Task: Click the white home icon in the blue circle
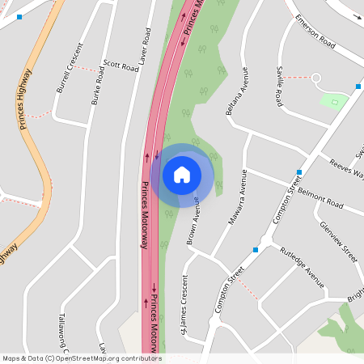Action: pyautogui.click(x=182, y=174)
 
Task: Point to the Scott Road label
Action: pyautogui.click(x=121, y=64)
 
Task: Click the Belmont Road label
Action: pyautogui.click(x=320, y=197)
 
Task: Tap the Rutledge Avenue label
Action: pyautogui.click(x=302, y=268)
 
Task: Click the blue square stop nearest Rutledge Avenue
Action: pyautogui.click(x=256, y=250)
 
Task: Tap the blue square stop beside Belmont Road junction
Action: pyautogui.click(x=299, y=172)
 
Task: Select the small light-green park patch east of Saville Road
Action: pyautogui.click(x=333, y=101)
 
